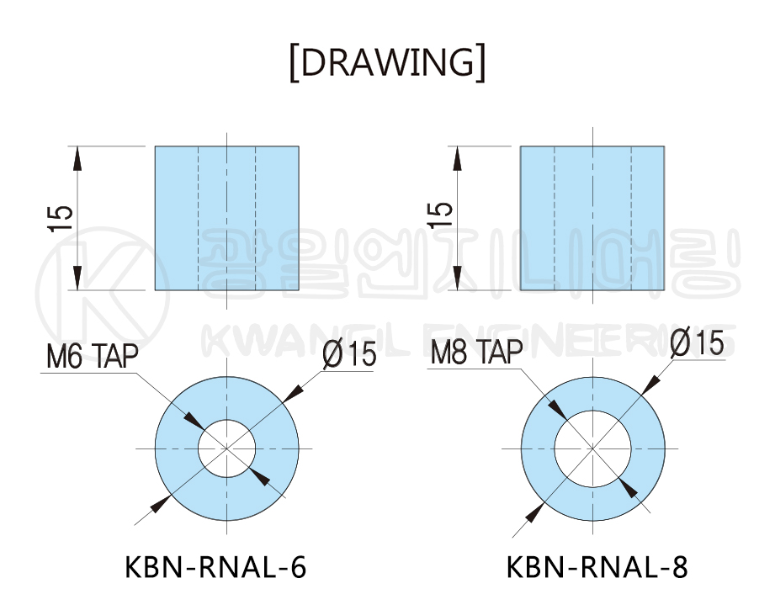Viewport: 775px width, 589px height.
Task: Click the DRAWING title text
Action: coord(387,62)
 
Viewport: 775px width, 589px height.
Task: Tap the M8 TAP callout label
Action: coord(476,353)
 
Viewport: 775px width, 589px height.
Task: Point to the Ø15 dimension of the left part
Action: coord(348,354)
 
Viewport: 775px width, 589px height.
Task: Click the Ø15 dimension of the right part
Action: coord(697,342)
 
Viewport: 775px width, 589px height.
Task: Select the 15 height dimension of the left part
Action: coord(61,219)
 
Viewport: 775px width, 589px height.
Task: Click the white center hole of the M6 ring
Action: coord(226,448)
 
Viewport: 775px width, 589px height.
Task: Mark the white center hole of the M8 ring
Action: coord(592,448)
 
